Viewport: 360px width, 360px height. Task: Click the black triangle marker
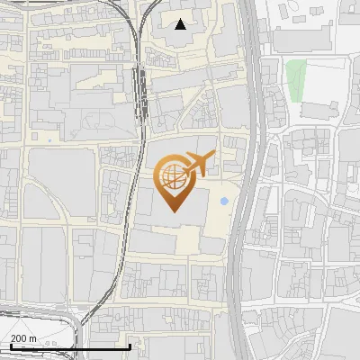click(181, 24)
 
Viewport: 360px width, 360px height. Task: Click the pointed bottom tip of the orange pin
click(172, 211)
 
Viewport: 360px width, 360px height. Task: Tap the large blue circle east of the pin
click(223, 201)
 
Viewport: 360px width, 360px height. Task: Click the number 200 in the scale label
click(19, 338)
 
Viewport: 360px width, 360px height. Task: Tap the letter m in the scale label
click(33, 338)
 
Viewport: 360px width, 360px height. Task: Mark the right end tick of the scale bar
click(130, 346)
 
